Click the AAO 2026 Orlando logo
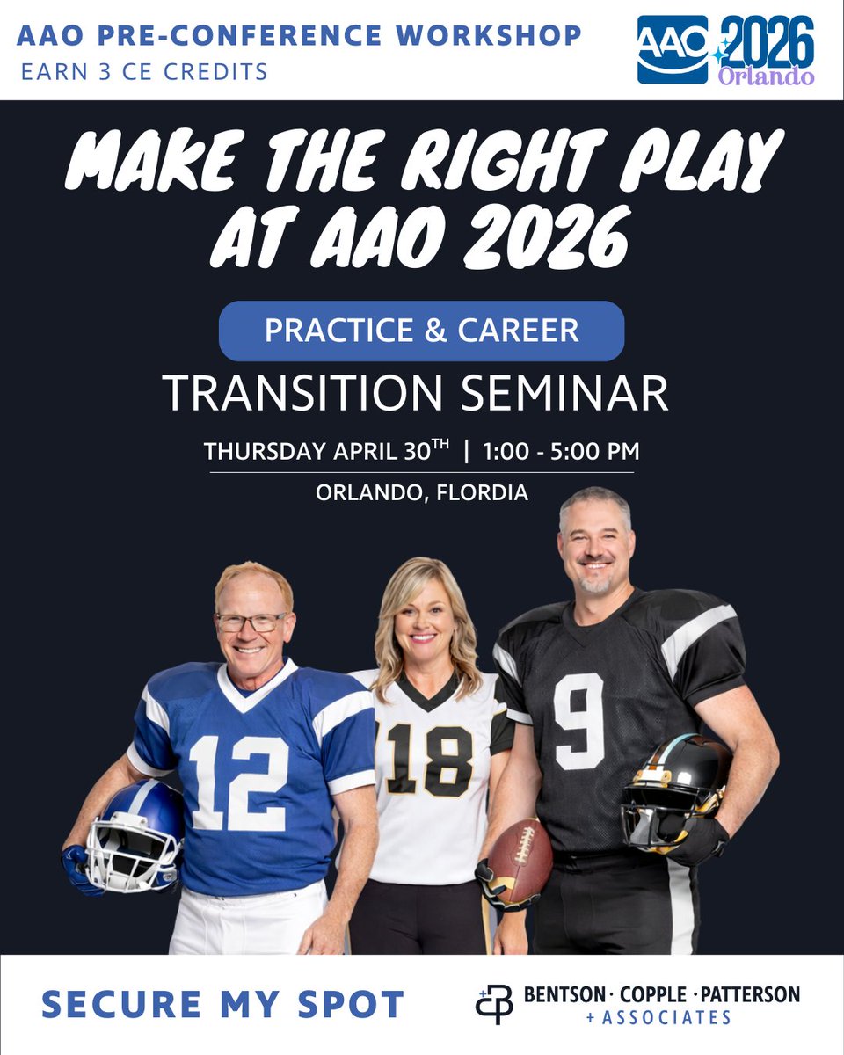[x=725, y=49]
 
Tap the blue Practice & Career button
[x=421, y=331]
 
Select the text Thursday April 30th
[x=326, y=451]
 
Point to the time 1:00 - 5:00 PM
[x=562, y=451]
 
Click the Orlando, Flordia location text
[x=422, y=492]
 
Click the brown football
[x=520, y=861]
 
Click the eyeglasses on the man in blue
[x=251, y=622]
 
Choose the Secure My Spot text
[x=222, y=1004]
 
